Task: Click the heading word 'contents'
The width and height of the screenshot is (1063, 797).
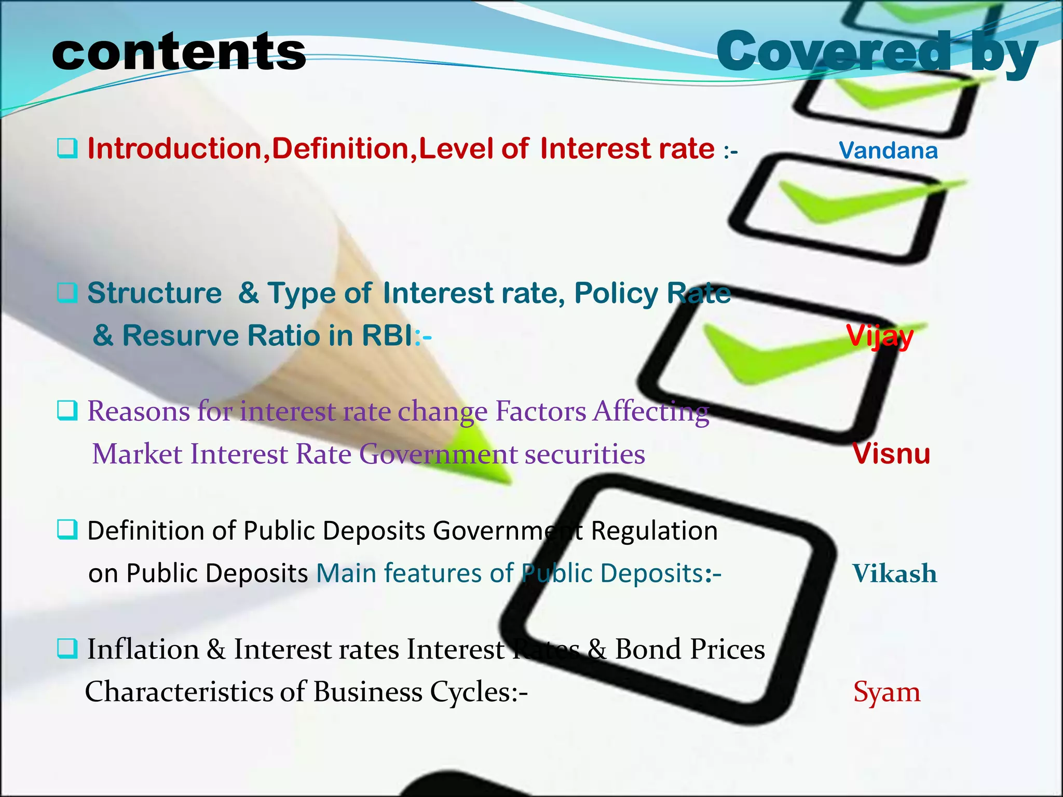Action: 179,52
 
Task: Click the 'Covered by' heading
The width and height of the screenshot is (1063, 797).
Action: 877,52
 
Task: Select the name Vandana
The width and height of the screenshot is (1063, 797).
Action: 888,150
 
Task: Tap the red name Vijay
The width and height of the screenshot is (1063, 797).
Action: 879,336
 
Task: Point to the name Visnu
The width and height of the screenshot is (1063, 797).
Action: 891,454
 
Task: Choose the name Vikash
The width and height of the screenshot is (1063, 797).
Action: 894,573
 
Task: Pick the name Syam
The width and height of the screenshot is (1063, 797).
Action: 887,692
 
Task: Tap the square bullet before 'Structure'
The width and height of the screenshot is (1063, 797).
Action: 67,293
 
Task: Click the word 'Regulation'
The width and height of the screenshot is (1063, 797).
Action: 654,531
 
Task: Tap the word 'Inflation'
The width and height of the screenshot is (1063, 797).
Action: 143,649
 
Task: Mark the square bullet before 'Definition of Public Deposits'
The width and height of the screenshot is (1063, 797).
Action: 67,530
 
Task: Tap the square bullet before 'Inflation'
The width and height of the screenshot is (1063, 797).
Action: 67,648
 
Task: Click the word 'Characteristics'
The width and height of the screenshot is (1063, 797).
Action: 179,692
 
